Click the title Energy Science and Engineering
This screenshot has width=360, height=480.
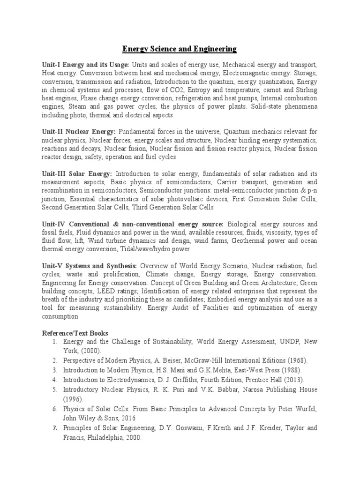(x=180, y=49)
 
